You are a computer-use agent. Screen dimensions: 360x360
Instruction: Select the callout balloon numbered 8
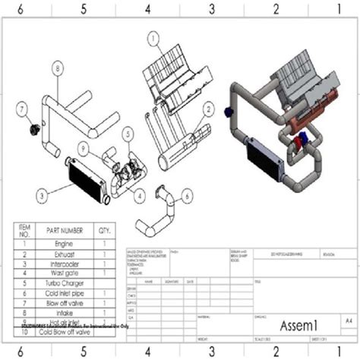[x=55, y=68]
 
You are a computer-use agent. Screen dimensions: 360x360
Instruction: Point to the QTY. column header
[x=105, y=230]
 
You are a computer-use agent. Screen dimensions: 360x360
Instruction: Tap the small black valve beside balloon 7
[x=33, y=128]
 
